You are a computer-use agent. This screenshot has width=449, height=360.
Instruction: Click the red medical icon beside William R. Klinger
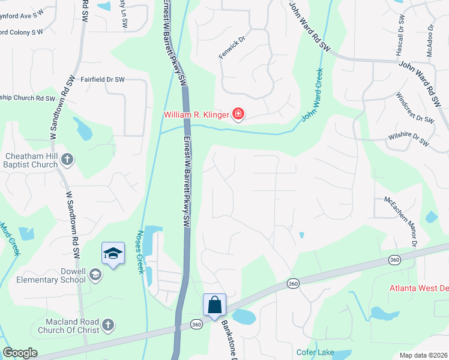tap(238, 114)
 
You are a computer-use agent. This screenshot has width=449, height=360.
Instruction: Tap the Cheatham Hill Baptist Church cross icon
tap(68, 160)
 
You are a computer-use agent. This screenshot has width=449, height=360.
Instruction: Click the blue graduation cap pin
tap(113, 254)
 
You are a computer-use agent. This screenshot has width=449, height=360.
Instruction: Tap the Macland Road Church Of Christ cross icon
tap(107, 325)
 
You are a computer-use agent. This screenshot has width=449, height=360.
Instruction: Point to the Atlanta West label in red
tap(419, 287)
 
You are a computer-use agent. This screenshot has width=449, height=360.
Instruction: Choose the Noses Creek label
tap(142, 252)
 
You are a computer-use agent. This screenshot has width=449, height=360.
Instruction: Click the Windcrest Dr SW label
tap(415, 107)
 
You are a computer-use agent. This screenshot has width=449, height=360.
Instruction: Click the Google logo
tap(20, 353)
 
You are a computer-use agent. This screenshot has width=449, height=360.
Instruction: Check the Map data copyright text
tap(423, 355)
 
